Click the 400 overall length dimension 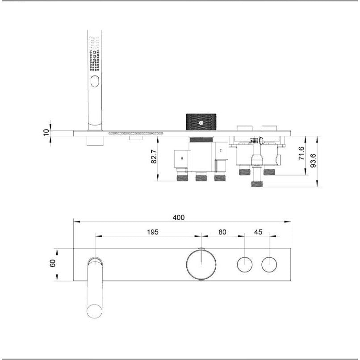coord(178,217)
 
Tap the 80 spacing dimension coord(222,232)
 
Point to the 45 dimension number coord(258,232)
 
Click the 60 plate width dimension coord(52,264)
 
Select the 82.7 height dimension coord(154,157)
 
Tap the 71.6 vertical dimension coord(301,153)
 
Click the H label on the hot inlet coord(182,158)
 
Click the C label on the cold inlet coord(220,151)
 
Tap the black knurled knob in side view coord(201,122)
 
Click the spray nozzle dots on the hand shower coord(94,60)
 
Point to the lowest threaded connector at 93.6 coord(257,184)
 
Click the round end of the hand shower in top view coord(94,310)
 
